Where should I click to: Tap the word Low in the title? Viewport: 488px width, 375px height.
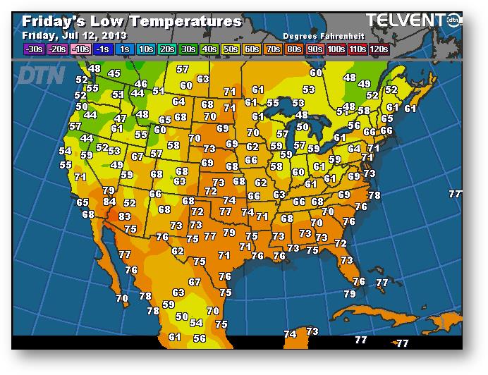tap(108, 21)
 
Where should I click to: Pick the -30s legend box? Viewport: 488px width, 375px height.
tap(34, 49)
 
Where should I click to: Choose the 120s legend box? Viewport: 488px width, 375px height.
tap(378, 49)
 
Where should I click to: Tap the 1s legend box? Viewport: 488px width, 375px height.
tap(125, 49)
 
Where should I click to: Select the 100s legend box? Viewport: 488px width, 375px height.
tap(336, 49)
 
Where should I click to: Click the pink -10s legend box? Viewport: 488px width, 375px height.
tap(81, 49)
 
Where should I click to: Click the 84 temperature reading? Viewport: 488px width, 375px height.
tap(109, 202)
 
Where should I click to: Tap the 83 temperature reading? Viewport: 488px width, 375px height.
tap(125, 217)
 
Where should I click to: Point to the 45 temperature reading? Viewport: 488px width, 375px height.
tap(114, 73)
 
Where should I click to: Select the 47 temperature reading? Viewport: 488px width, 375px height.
tap(121, 119)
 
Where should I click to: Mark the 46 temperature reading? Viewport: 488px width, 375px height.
tap(141, 85)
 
